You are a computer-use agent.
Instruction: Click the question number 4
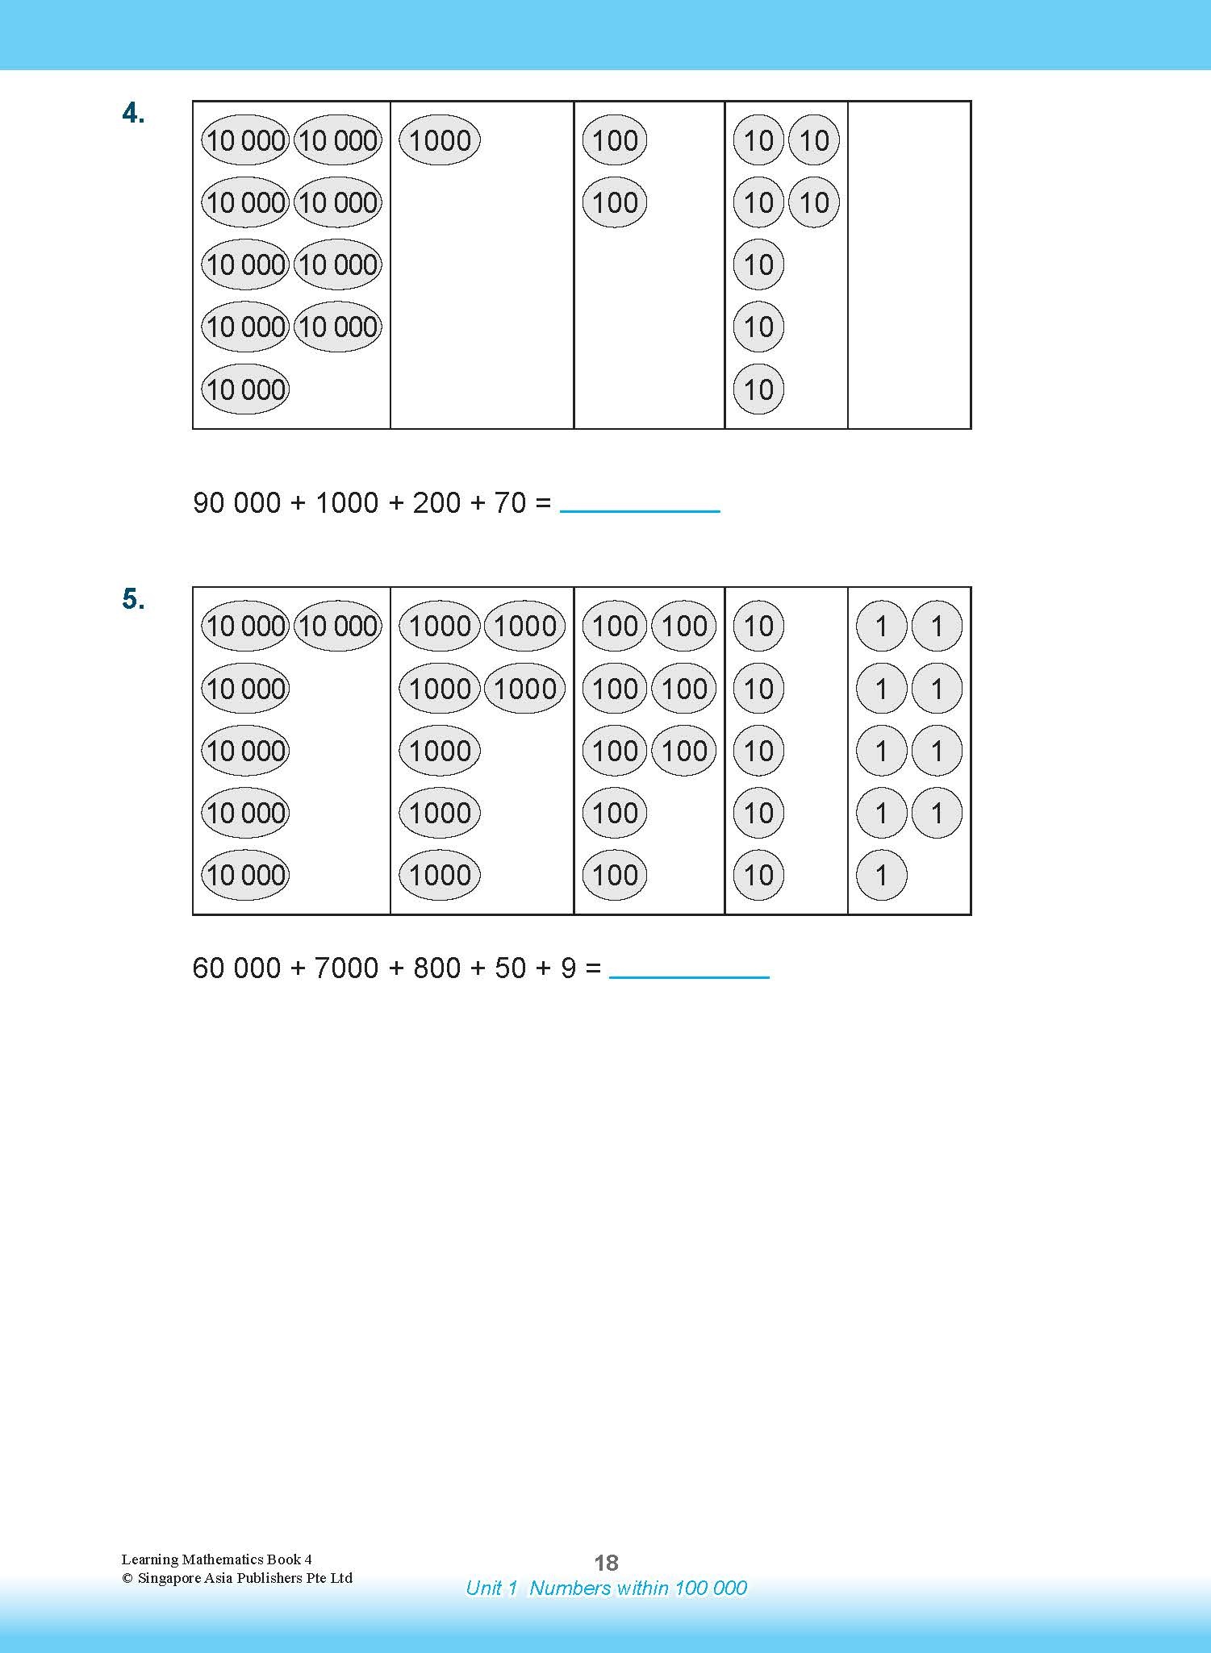(x=133, y=115)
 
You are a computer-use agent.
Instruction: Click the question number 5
(x=133, y=600)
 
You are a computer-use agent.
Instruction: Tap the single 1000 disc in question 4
(x=440, y=140)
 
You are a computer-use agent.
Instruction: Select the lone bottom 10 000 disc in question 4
(x=245, y=389)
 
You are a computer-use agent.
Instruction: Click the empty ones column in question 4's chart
(x=908, y=264)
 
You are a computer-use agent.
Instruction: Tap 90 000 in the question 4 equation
(x=237, y=503)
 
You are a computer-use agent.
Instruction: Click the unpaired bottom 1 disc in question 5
(x=881, y=875)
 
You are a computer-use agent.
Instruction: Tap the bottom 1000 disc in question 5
(x=440, y=875)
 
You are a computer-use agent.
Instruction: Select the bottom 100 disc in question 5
(x=615, y=875)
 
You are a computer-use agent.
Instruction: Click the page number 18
(x=606, y=1563)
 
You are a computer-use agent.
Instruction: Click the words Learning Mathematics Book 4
(x=216, y=1559)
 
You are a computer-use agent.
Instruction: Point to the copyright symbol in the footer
(x=127, y=1579)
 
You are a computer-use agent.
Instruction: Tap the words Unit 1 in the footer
(x=491, y=1588)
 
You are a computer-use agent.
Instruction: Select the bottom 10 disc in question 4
(x=758, y=389)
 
